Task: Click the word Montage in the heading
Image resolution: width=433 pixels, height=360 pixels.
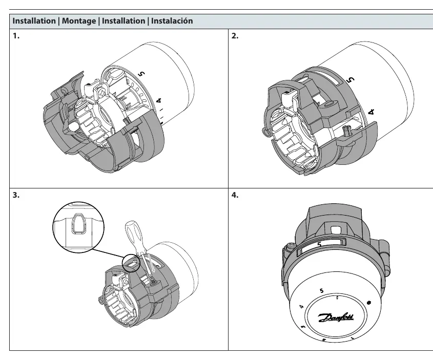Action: coord(79,21)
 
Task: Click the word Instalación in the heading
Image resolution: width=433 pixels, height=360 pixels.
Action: coord(172,21)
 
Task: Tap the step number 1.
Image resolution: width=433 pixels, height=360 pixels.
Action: coord(16,36)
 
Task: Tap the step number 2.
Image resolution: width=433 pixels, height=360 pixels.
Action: coord(235,36)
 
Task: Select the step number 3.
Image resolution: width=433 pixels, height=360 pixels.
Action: coord(16,195)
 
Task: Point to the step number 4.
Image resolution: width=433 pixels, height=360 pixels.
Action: coord(235,195)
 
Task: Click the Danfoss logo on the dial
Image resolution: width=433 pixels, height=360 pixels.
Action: coord(336,317)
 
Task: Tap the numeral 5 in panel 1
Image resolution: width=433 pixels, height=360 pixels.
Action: coord(142,74)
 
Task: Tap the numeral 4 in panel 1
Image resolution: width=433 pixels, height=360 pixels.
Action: coord(158,101)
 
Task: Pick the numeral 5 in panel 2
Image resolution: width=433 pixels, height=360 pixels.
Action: coord(350,79)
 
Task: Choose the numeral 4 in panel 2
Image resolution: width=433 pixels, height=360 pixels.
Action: coord(372,112)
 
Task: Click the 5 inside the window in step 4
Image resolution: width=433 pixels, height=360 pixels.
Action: coord(319,244)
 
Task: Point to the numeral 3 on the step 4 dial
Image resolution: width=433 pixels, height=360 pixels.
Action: coord(303,327)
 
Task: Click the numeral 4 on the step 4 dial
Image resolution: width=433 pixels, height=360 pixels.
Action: coord(301,306)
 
